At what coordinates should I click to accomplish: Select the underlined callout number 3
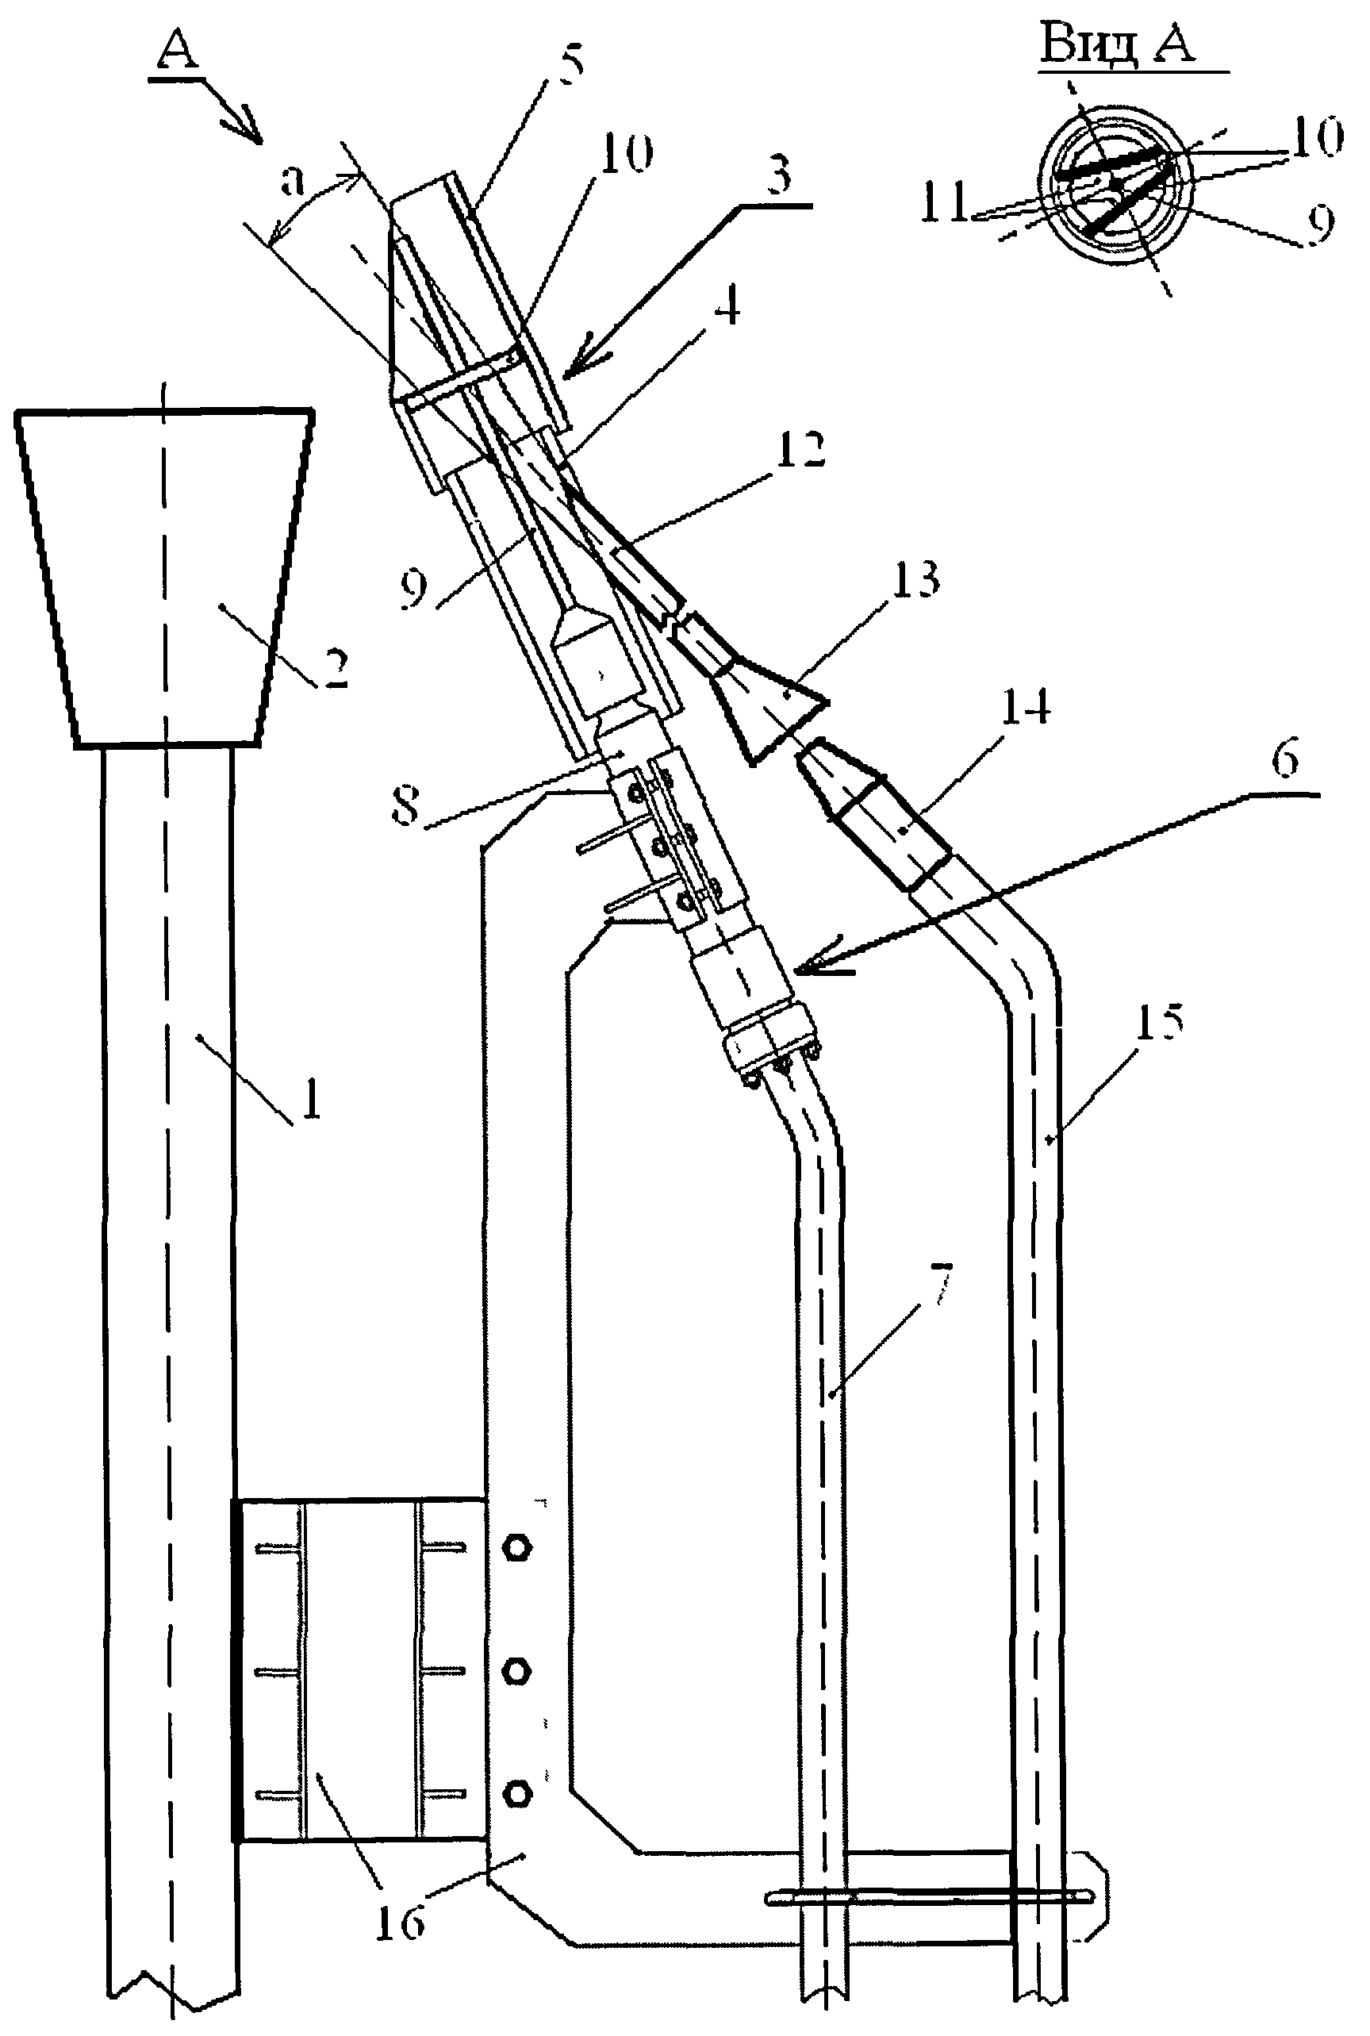click(x=776, y=175)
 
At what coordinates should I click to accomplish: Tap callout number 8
click(x=406, y=805)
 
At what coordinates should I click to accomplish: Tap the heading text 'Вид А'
click(x=1118, y=43)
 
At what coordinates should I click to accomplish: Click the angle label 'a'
click(x=294, y=180)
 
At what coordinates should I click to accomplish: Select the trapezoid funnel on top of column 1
click(x=165, y=577)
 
